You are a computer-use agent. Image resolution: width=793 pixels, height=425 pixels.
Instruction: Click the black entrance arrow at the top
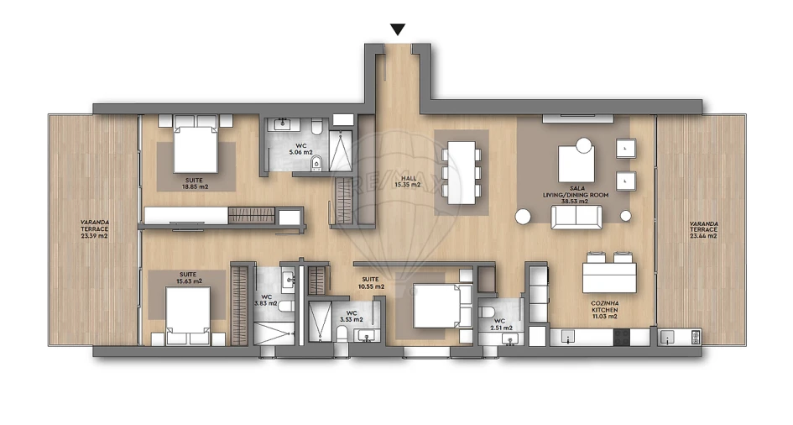(398, 29)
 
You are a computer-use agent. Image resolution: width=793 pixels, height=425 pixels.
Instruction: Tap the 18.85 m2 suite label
(196, 183)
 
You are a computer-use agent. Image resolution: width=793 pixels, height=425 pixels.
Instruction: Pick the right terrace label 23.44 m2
(702, 230)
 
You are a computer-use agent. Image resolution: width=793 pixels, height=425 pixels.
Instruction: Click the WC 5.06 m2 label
(301, 150)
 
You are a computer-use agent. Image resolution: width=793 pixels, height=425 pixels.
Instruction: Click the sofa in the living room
(576, 218)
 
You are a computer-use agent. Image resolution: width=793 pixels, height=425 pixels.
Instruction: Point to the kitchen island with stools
(609, 274)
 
